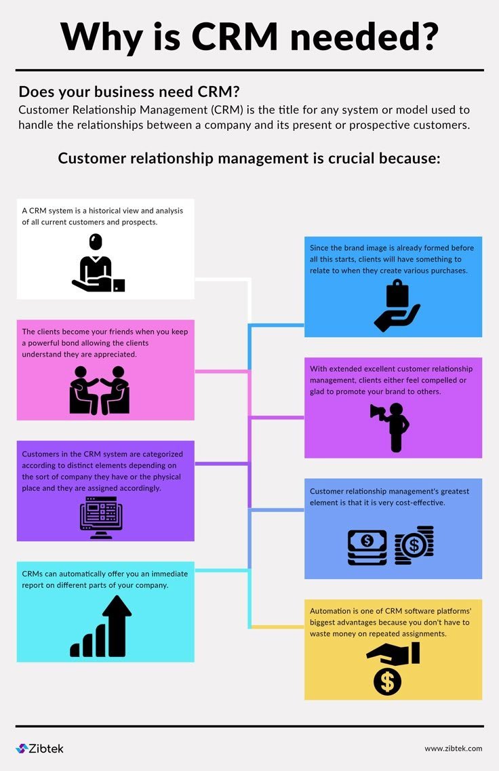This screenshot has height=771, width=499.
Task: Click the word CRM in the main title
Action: pos(235,37)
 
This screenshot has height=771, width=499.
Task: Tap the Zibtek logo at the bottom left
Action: pos(40,749)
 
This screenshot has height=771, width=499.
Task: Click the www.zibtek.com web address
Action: pos(454,749)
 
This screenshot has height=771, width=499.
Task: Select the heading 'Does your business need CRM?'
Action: pos(129,92)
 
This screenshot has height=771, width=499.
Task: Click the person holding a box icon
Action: pos(98,262)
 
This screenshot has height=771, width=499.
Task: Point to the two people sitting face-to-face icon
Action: pos(99,390)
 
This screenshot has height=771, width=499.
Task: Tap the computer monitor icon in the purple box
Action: pos(101,517)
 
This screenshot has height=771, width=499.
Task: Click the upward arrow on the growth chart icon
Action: pos(117,625)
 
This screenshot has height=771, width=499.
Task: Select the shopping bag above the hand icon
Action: pos(398,293)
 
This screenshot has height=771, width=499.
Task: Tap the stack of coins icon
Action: pos(414,545)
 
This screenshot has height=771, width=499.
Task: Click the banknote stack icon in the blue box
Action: pos(367,547)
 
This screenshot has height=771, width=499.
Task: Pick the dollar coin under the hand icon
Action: pos(387,681)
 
